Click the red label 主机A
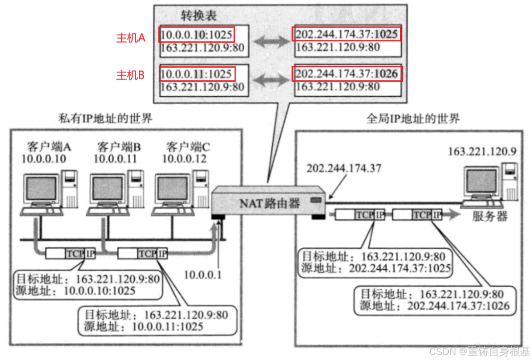[130, 38]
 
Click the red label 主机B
[130, 75]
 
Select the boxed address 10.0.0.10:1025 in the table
[197, 35]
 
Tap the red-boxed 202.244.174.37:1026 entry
[346, 74]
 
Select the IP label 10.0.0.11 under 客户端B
[115, 159]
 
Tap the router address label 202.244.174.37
[345, 169]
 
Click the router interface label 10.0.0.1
[205, 274]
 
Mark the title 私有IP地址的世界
[105, 119]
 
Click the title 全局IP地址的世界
[413, 119]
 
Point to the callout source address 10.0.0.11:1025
[167, 327]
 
